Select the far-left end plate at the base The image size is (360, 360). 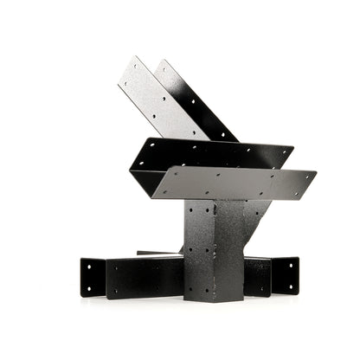92,276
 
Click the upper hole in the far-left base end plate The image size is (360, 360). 93,265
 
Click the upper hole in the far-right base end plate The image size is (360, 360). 286,265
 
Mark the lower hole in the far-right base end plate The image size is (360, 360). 286,288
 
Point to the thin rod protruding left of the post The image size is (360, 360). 156,254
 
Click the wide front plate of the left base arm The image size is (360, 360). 144,277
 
